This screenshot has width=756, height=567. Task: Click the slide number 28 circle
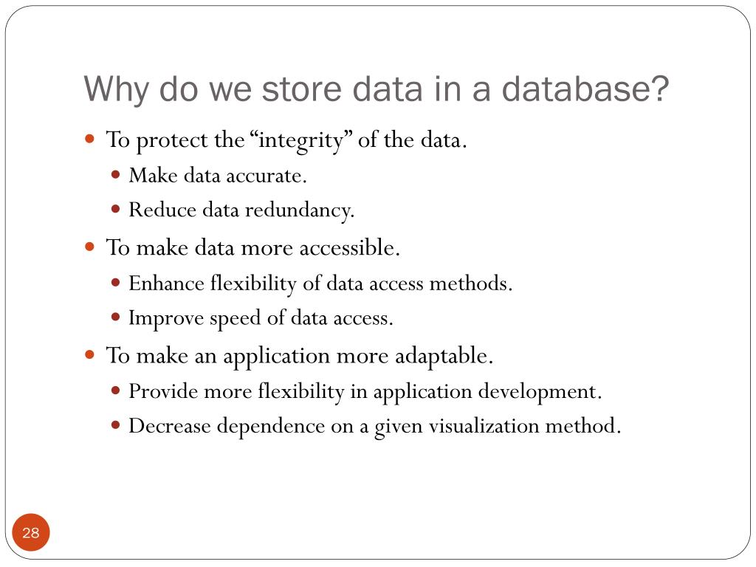(31, 533)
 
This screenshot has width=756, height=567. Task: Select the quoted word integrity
(304, 140)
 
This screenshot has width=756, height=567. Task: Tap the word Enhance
(166, 283)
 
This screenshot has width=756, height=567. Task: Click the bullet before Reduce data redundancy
(116, 210)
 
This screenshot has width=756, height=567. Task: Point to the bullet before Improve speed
(116, 317)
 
